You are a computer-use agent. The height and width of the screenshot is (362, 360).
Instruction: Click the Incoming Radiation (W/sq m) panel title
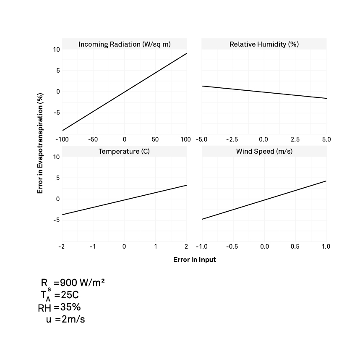pos(125,44)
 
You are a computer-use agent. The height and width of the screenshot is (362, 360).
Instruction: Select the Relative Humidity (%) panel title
pos(264,44)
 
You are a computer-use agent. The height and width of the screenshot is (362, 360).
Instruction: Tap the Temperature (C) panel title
pos(124,151)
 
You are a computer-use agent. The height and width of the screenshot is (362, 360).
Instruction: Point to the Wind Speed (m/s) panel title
pos(264,151)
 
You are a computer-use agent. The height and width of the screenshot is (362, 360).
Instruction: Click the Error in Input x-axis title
pos(194,260)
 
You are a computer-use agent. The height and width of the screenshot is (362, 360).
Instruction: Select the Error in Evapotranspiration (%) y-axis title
pos(40,143)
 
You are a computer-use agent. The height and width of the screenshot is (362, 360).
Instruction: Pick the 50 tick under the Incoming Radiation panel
pos(155,139)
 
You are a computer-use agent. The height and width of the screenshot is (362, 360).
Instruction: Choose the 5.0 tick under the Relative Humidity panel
pos(326,139)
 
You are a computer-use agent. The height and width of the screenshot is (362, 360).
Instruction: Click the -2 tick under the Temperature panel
pos(61,247)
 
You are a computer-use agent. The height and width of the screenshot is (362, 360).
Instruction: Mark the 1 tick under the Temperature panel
pos(156,247)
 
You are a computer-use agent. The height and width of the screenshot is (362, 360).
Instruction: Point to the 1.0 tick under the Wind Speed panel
pos(326,247)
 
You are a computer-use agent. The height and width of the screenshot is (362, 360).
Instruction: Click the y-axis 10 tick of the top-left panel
pos(57,50)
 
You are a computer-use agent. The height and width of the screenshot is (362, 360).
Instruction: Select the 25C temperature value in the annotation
pos(70,295)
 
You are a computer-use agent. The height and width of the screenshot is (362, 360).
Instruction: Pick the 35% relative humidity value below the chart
pos(70,307)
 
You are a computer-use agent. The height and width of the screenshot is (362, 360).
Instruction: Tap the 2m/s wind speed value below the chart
pos(73,319)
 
